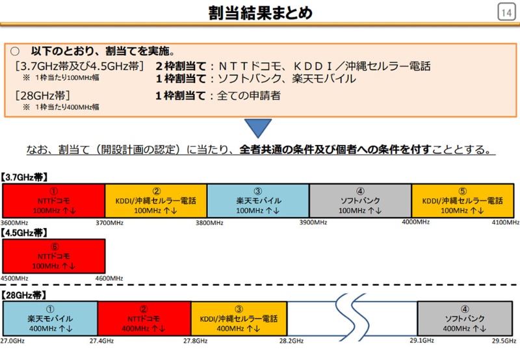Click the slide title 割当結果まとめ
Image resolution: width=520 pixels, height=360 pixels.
(260, 12)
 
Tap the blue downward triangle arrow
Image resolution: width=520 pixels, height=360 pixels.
(259, 128)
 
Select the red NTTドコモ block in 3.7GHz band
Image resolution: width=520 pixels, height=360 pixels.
(54, 201)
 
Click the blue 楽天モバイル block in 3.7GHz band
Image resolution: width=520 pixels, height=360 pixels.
(258, 201)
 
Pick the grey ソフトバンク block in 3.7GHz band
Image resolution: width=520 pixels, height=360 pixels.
(360, 201)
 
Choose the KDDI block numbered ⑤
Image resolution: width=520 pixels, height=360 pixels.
(463, 201)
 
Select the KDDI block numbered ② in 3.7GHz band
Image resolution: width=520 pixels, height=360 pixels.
(156, 201)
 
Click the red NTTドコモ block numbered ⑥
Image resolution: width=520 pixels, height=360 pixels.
(54, 256)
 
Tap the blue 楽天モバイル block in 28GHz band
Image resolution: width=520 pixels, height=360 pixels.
(50, 319)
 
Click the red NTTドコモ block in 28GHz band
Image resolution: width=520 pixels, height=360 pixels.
(144, 319)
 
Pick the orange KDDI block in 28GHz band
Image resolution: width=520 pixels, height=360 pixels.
(238, 319)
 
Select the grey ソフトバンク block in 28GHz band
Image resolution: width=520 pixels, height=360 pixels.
(464, 319)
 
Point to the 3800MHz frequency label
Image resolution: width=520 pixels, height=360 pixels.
(209, 223)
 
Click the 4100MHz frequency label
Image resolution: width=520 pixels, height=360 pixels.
(505, 223)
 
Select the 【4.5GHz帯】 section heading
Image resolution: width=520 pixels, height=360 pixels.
(25, 232)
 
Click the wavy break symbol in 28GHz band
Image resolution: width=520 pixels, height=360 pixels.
(352, 318)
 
